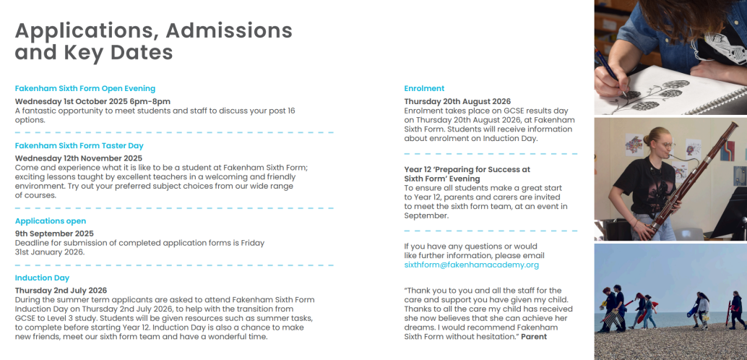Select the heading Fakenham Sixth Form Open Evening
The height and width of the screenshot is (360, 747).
[x=85, y=88]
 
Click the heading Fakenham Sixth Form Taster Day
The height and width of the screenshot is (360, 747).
[x=79, y=145]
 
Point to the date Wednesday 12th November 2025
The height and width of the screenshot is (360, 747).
[x=79, y=158]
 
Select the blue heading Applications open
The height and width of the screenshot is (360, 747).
[x=51, y=220]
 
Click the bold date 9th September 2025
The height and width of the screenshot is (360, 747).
[x=55, y=233]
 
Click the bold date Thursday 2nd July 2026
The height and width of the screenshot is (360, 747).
[x=61, y=290]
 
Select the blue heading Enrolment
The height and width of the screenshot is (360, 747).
[x=424, y=88]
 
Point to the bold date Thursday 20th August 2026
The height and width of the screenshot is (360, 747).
[x=457, y=101]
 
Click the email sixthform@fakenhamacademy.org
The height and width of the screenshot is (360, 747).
[x=472, y=265]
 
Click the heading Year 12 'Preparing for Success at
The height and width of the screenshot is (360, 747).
[x=467, y=169]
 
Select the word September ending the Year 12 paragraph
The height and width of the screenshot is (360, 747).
[x=427, y=215]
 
